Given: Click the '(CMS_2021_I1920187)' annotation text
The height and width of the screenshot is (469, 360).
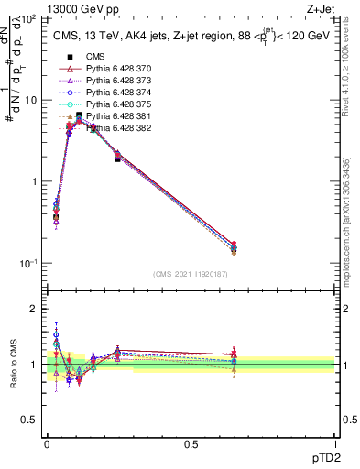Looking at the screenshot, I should tap(191, 274).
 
